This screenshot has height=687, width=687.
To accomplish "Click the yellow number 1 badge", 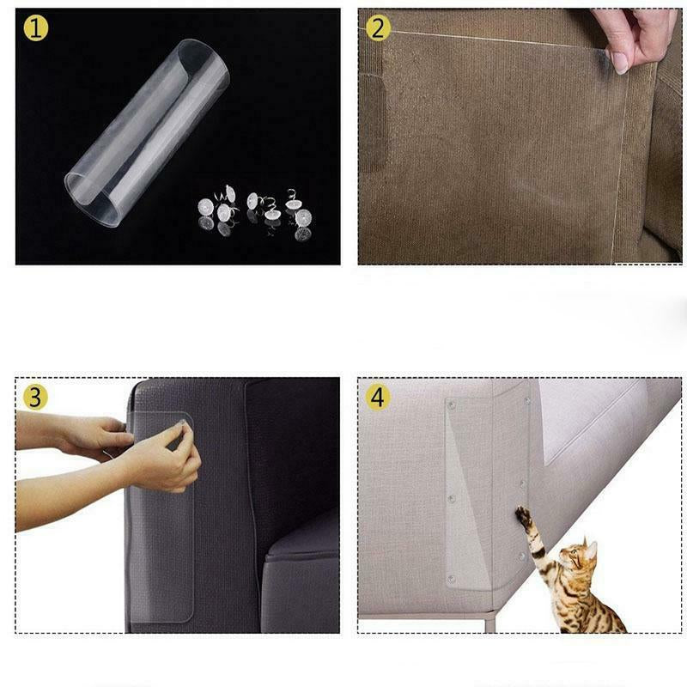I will pyautogui.click(x=35, y=28).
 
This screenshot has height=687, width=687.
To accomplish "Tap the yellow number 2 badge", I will pyautogui.click(x=378, y=28).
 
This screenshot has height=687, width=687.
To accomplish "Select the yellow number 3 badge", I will pyautogui.click(x=35, y=397).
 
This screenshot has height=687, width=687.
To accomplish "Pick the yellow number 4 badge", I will pyautogui.click(x=378, y=397).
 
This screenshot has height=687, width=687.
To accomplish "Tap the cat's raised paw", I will pyautogui.click(x=522, y=516).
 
